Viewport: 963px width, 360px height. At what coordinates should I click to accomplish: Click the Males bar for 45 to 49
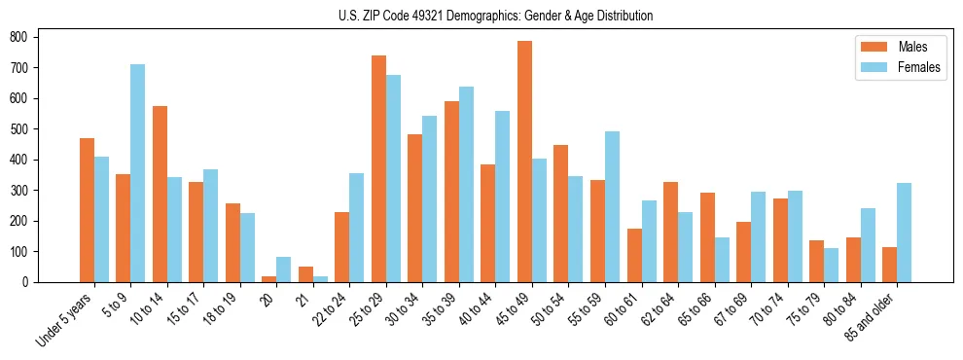point(524,162)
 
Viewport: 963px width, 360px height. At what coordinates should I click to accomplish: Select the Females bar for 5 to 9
point(138,173)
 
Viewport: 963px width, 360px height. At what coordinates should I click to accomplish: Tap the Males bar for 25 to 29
point(378,168)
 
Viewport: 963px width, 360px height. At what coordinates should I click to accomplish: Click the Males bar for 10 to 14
point(160,194)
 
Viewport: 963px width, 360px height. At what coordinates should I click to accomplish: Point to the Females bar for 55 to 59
point(612,206)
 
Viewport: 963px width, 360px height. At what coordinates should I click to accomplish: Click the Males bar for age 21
point(305,274)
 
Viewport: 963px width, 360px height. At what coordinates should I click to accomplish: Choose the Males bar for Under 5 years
point(87,210)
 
